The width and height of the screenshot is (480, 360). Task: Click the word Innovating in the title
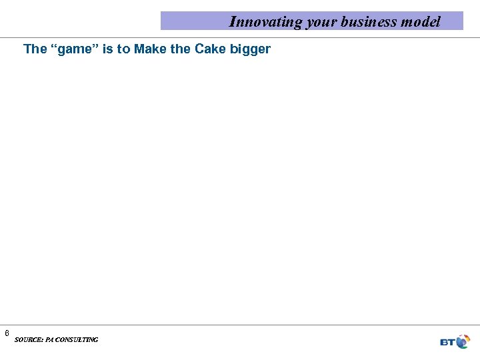tap(265, 21)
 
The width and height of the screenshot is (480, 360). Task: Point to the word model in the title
tap(421, 21)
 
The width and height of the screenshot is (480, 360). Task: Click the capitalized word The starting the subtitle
tap(35, 49)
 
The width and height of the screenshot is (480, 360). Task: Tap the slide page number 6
tap(7, 333)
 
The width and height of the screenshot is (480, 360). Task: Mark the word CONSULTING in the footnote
tap(77, 340)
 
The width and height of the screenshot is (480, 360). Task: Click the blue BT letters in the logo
tap(447, 342)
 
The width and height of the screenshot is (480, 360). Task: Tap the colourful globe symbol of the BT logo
tap(462, 342)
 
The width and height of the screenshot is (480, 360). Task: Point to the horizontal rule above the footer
tap(240, 325)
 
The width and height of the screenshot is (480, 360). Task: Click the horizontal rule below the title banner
tap(240, 37)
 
